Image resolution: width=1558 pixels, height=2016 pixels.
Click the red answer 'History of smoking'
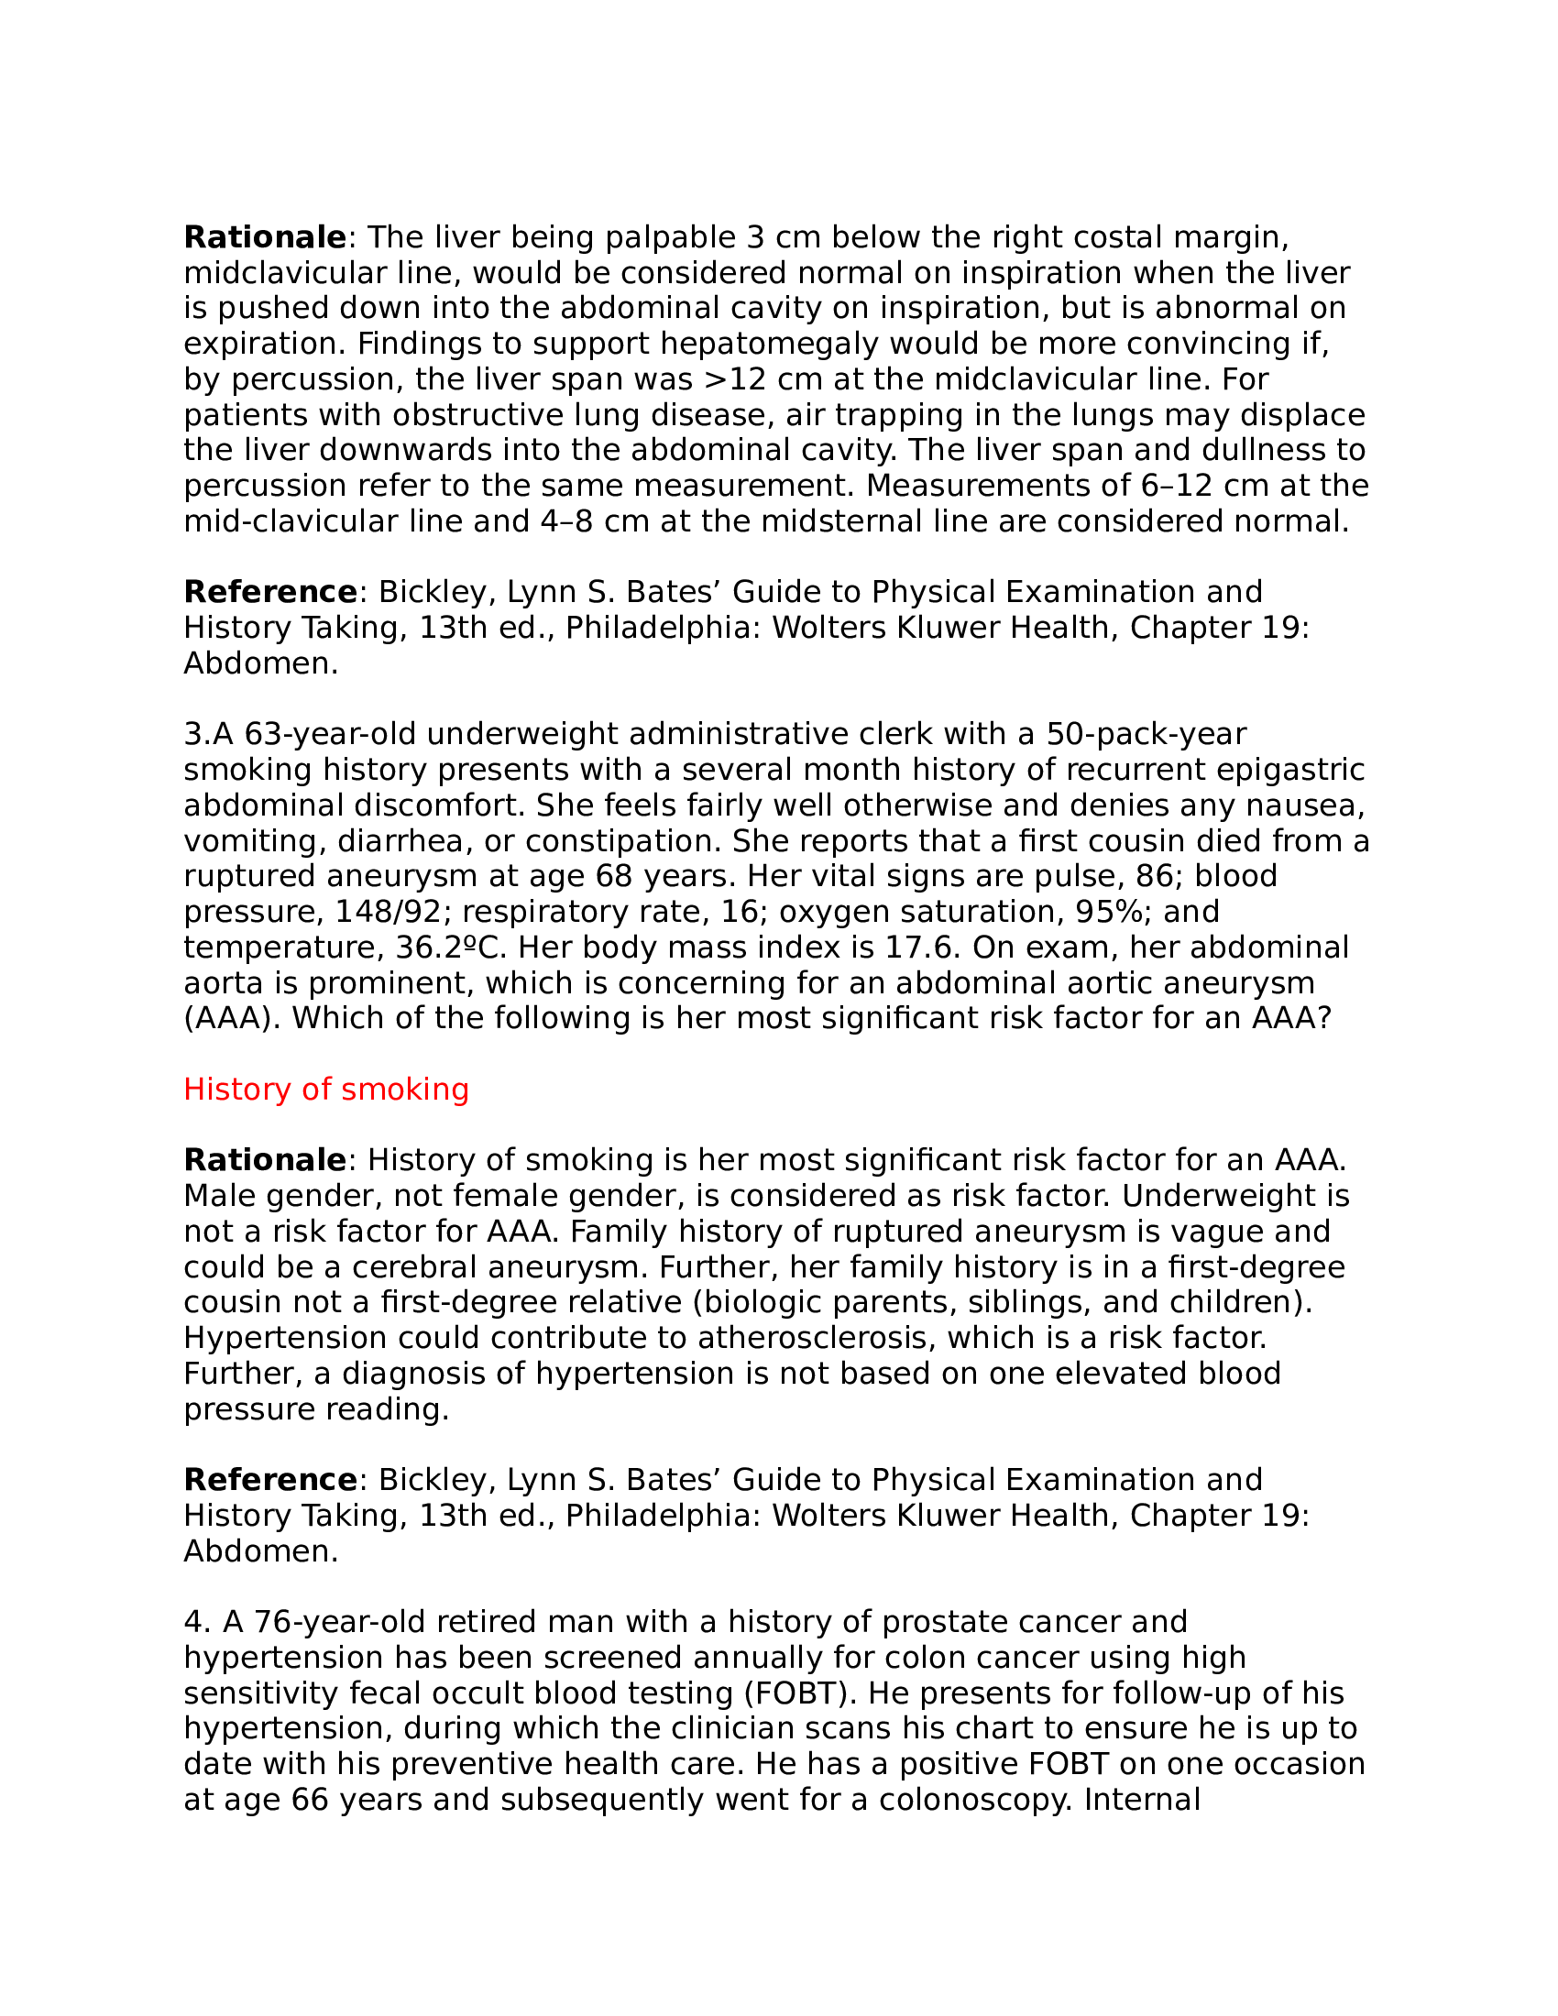pyautogui.click(x=326, y=1090)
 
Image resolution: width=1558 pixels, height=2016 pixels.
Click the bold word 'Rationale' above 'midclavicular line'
pyautogui.click(x=265, y=238)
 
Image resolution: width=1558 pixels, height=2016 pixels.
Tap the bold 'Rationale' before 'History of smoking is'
pyautogui.click(x=265, y=1160)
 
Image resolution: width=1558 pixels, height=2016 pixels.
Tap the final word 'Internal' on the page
pyautogui.click(x=1142, y=1800)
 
